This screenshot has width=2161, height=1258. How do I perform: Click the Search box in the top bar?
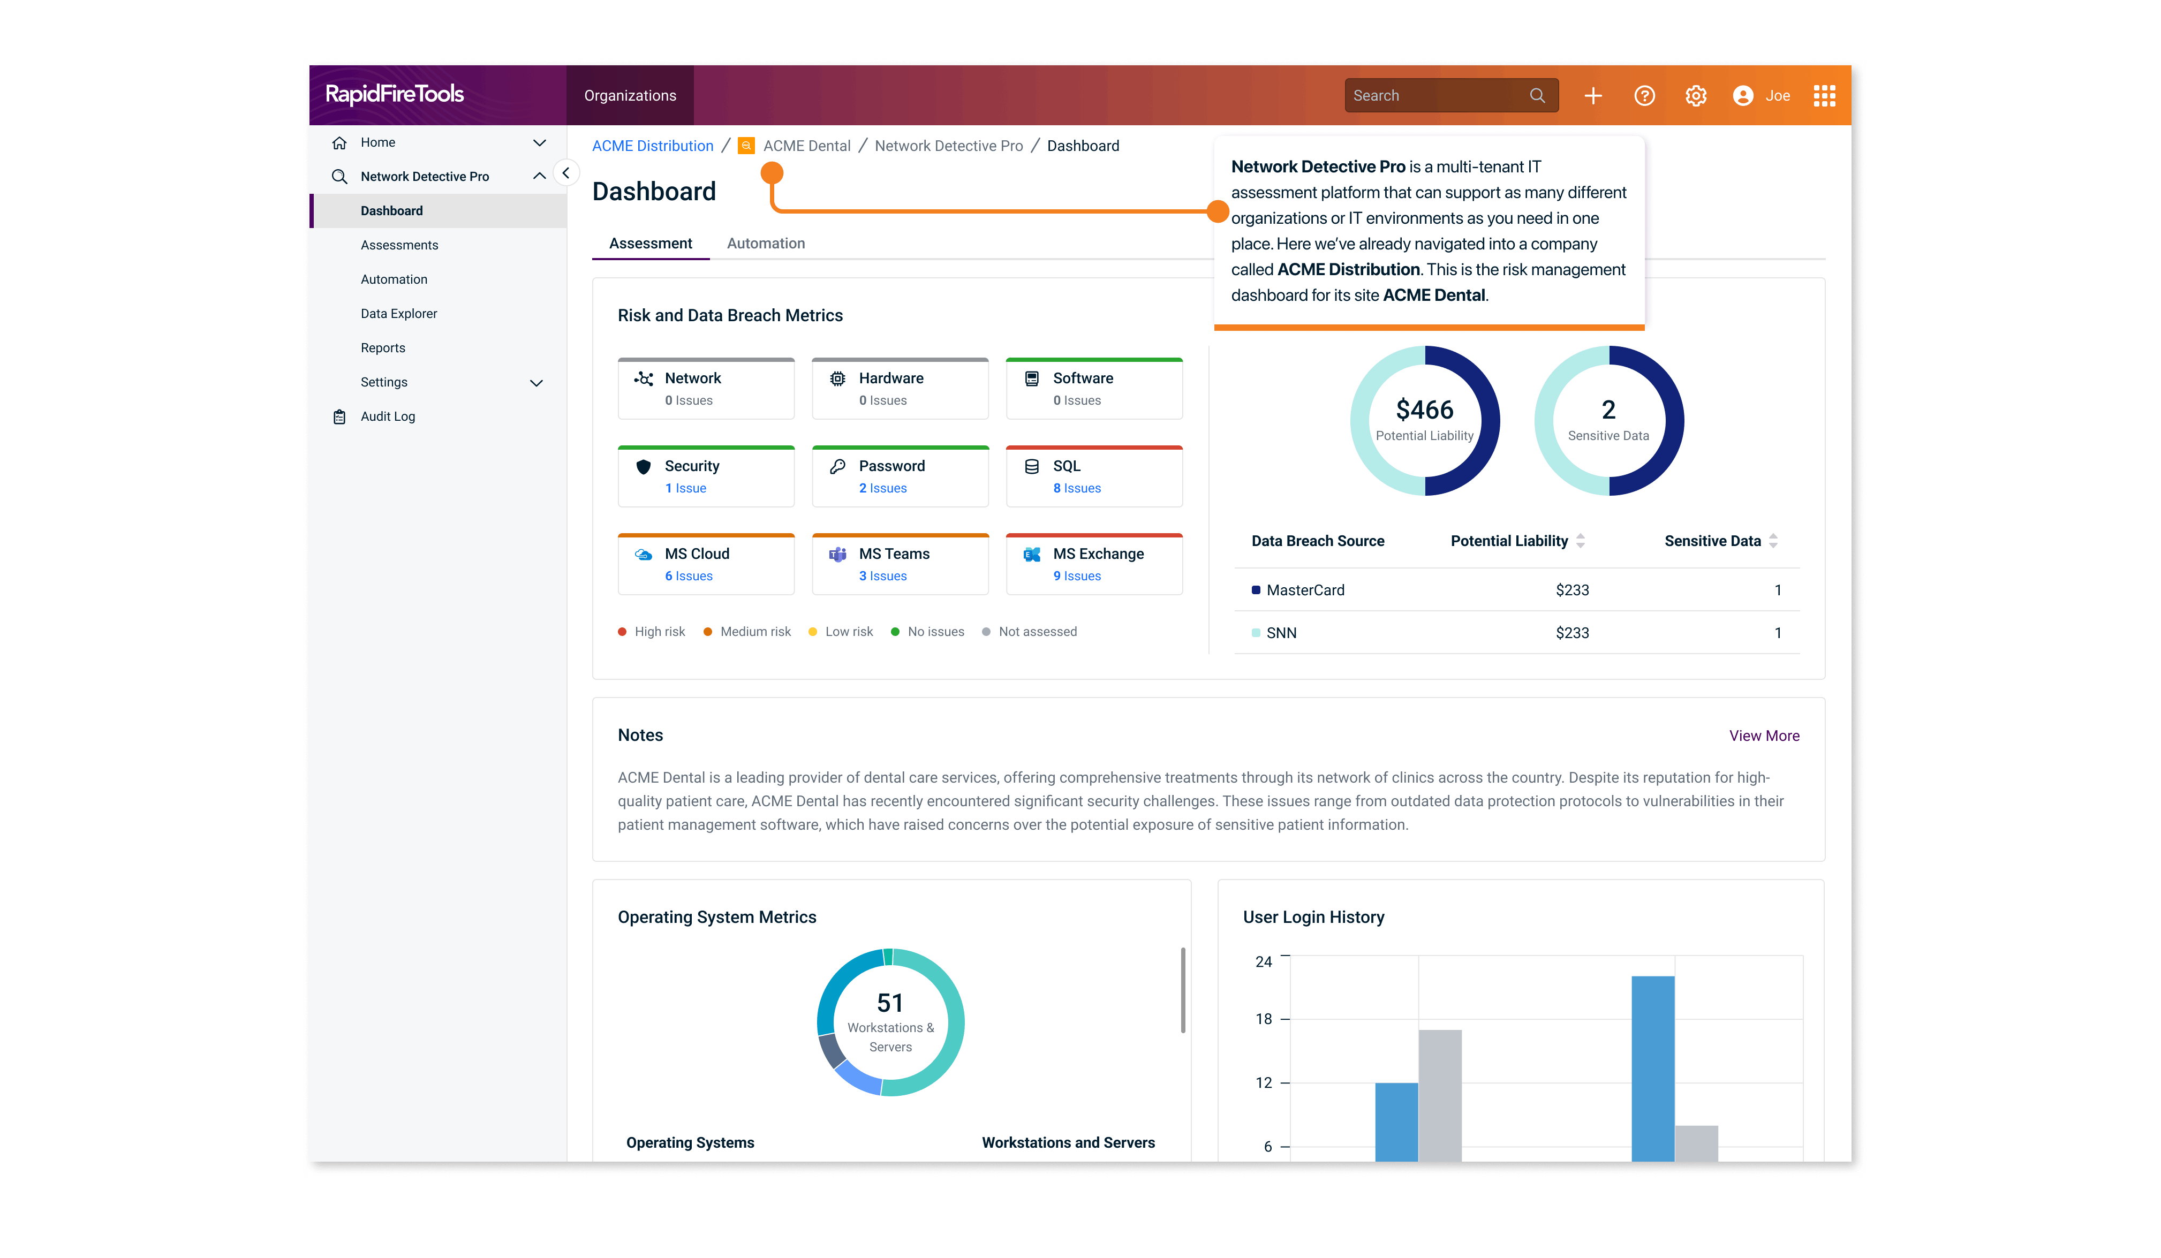point(1441,96)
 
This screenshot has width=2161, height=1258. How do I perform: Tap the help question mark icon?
point(1644,96)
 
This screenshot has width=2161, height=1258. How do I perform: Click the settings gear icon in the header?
point(1695,96)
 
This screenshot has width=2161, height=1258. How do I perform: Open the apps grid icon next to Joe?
point(1824,96)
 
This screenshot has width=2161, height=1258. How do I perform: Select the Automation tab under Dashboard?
point(765,244)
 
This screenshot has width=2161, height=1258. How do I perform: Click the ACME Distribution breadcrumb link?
point(653,146)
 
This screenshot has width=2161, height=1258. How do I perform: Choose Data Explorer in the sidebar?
point(399,314)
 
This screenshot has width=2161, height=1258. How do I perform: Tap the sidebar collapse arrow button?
point(566,173)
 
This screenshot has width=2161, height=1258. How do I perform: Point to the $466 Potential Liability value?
point(1424,410)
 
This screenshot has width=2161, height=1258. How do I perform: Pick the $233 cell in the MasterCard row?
point(1572,590)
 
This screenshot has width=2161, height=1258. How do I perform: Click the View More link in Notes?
point(1763,736)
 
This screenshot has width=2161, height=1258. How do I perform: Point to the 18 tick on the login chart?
point(1264,1019)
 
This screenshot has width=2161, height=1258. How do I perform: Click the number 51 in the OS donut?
point(889,1003)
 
